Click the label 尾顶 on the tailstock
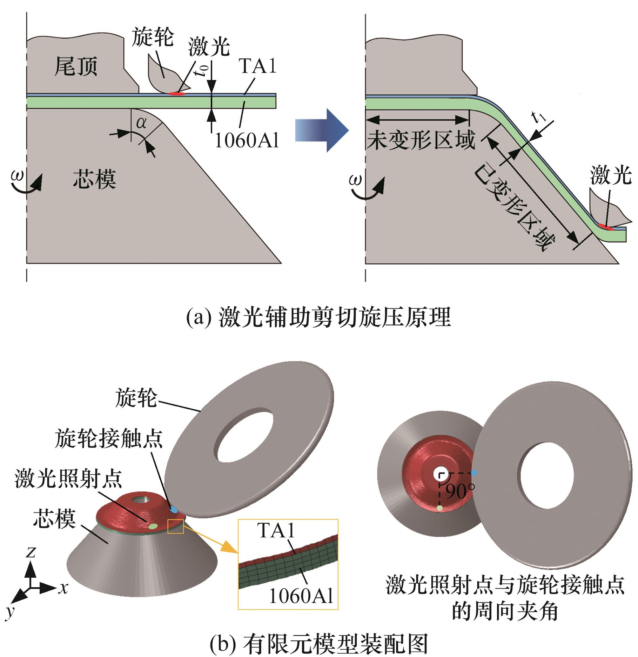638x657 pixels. (76, 67)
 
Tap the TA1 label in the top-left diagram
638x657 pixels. (258, 66)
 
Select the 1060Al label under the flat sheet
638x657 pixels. (247, 141)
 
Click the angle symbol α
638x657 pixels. (141, 123)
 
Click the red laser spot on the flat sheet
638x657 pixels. (177, 93)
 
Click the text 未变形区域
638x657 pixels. (421, 140)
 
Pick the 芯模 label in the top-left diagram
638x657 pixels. (94, 179)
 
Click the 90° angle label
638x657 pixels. (460, 491)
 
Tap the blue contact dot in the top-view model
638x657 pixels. (474, 473)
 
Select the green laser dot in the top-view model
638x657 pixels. (440, 508)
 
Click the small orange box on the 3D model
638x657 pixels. (175, 526)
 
